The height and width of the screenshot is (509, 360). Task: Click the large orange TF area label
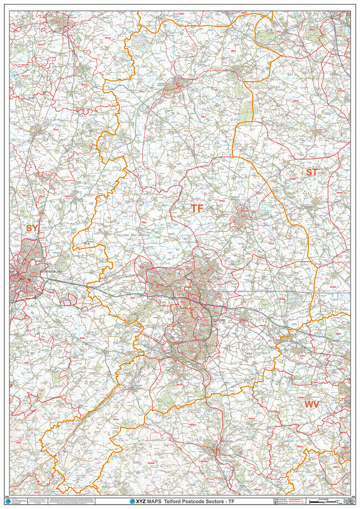click(x=197, y=209)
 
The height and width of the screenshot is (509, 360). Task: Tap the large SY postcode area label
click(x=32, y=228)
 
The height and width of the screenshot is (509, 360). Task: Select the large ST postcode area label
click(x=311, y=172)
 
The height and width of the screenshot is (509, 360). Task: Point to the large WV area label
click(x=312, y=405)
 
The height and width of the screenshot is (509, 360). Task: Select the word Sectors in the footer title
click(x=209, y=502)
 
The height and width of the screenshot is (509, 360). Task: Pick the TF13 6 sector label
click(x=115, y=420)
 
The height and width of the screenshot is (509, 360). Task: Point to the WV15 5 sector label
click(x=252, y=419)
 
